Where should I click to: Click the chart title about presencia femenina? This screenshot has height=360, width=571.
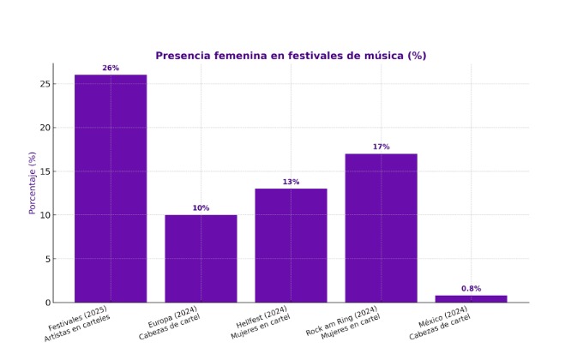291,56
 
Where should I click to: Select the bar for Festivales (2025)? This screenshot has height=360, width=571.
111,189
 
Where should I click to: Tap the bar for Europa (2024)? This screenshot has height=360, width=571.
201,258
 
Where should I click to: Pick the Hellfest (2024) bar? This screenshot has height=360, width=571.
291,245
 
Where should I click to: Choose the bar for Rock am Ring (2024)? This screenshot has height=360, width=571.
381,228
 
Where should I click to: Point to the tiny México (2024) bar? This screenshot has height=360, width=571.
471,299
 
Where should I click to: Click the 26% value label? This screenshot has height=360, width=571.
111,68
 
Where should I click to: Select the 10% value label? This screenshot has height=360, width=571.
201,208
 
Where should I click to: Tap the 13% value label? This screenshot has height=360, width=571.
291,182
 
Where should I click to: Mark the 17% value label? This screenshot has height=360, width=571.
381,147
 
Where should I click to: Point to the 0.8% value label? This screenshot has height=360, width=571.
471,289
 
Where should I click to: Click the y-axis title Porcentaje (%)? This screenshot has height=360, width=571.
33,183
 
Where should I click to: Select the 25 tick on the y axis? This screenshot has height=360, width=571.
44,84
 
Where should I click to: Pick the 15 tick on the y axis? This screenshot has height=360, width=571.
44,171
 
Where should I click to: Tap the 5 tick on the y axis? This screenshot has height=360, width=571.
46,259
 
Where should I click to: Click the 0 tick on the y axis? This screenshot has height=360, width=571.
46,303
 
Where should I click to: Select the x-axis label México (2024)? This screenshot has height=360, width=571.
443,321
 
